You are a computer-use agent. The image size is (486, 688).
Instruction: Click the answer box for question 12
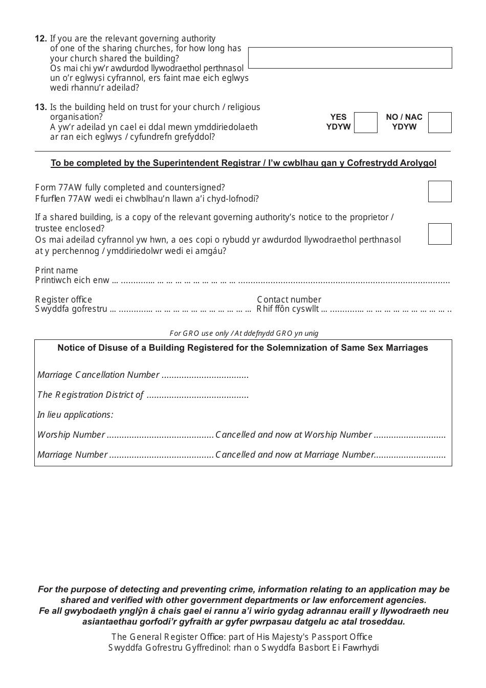(350, 58)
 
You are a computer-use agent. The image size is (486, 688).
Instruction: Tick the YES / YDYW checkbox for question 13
(365, 123)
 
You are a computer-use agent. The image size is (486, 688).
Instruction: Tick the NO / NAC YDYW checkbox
(439, 123)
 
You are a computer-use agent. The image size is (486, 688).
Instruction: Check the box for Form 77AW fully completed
(439, 191)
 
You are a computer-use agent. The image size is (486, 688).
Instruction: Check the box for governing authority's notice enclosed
(439, 234)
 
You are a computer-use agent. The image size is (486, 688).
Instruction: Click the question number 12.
(41, 38)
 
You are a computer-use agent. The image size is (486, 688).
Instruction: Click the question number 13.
(41, 107)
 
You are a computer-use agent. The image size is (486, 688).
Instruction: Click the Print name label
(56, 270)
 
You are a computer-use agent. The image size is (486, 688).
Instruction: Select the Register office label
(63, 299)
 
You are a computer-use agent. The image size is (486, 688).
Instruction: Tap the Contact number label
(289, 299)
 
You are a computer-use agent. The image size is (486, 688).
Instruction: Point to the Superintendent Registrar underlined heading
(243, 163)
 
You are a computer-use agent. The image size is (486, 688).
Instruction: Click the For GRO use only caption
(244, 333)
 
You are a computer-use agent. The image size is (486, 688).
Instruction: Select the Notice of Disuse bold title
(242, 348)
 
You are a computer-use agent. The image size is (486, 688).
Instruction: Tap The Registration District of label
(90, 395)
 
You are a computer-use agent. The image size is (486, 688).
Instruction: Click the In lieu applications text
(75, 415)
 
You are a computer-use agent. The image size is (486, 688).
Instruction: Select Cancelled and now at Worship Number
(293, 435)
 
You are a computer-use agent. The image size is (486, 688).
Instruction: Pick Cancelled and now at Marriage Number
(295, 455)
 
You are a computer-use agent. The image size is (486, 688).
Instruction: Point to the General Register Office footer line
(242, 637)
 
